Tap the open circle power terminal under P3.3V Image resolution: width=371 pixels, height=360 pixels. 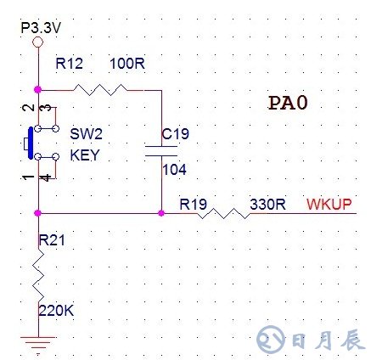coord(37,42)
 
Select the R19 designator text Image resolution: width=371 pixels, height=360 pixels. coord(193,204)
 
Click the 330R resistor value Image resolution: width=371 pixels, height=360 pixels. coord(267,204)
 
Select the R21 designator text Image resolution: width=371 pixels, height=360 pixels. coord(51,242)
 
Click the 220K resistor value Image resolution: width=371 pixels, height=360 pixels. coord(56,312)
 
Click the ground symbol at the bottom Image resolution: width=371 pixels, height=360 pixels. coord(37,344)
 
